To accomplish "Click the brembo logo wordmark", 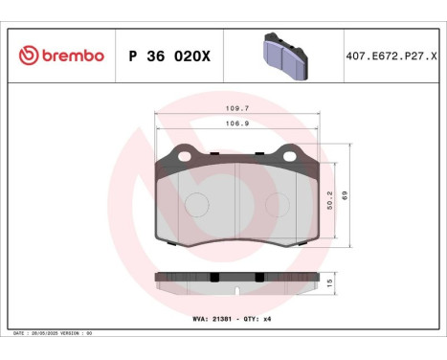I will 71,56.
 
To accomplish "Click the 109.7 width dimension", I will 237,109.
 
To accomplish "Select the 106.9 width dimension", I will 237,124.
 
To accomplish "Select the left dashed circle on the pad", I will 196,204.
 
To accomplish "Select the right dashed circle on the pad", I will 278,204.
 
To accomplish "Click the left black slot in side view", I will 212,277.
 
